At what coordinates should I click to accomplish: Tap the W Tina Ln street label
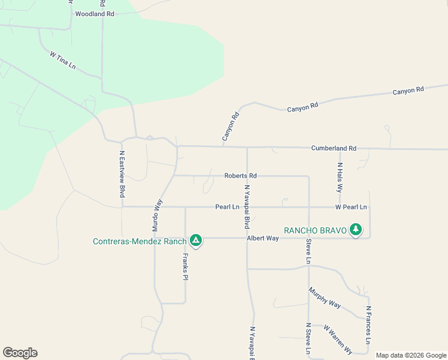(63, 61)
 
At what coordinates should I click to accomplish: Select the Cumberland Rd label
(334, 148)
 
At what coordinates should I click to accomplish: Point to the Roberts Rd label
(240, 176)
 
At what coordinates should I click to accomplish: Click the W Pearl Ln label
(351, 207)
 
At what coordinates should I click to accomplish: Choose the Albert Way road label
(263, 238)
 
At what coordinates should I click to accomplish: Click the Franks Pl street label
(186, 268)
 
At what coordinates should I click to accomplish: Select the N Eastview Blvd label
(122, 174)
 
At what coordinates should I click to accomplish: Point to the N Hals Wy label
(340, 176)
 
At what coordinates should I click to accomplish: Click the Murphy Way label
(325, 298)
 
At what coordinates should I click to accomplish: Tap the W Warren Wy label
(338, 340)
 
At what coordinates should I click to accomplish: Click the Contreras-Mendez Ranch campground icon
(195, 241)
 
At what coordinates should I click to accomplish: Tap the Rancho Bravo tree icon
(356, 229)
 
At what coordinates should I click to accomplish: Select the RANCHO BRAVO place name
(315, 230)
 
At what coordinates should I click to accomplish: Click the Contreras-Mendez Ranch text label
(140, 241)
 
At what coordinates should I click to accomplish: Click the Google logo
(20, 353)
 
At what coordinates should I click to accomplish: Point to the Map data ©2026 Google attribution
(410, 355)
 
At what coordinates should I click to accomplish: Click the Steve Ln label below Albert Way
(308, 252)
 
